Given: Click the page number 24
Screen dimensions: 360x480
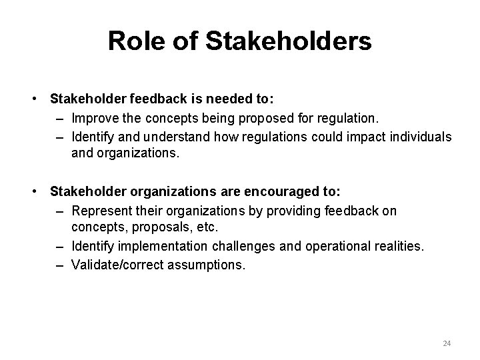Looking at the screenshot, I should click(x=447, y=343).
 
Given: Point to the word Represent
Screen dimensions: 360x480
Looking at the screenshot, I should click(x=99, y=211).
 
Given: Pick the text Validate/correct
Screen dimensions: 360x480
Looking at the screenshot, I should click(x=115, y=265).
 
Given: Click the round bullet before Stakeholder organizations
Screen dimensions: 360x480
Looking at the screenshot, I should click(x=33, y=192).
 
